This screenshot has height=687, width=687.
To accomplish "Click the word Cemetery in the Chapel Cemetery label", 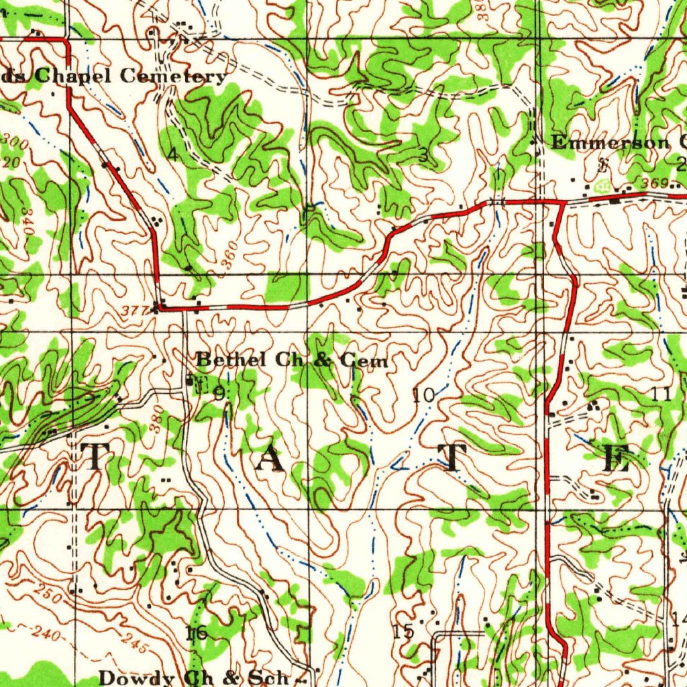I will (173, 76).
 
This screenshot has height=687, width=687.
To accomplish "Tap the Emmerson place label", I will (610, 142).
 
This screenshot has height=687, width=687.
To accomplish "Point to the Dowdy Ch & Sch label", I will (194, 677).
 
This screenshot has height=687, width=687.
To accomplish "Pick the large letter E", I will (617, 459).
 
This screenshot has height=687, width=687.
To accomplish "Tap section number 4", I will (173, 155).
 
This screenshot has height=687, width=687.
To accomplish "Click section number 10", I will (423, 395).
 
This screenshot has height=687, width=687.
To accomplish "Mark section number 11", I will (662, 394).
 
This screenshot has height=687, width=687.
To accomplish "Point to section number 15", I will (403, 631).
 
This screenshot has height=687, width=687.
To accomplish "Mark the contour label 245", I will (136, 645).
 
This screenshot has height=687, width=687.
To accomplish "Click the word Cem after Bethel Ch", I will (364, 361).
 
